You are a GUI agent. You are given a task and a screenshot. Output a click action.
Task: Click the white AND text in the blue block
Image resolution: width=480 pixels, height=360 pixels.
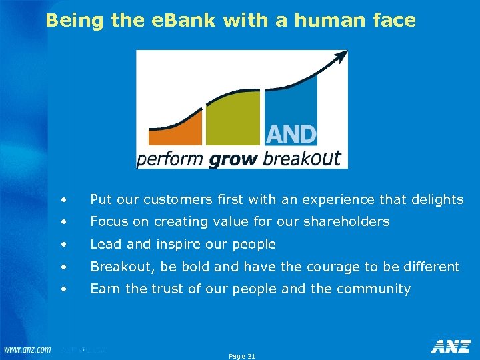pos(291,135)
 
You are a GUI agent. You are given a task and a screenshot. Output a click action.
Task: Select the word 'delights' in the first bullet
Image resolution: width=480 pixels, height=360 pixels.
pos(437,199)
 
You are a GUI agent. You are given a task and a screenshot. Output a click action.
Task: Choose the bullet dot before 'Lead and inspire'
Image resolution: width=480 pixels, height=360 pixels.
pos(63,245)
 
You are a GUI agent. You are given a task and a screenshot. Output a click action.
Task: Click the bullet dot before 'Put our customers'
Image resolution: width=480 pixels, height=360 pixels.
pos(63,200)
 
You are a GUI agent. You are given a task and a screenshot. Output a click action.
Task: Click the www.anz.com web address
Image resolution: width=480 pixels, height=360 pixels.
pos(27,350)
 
